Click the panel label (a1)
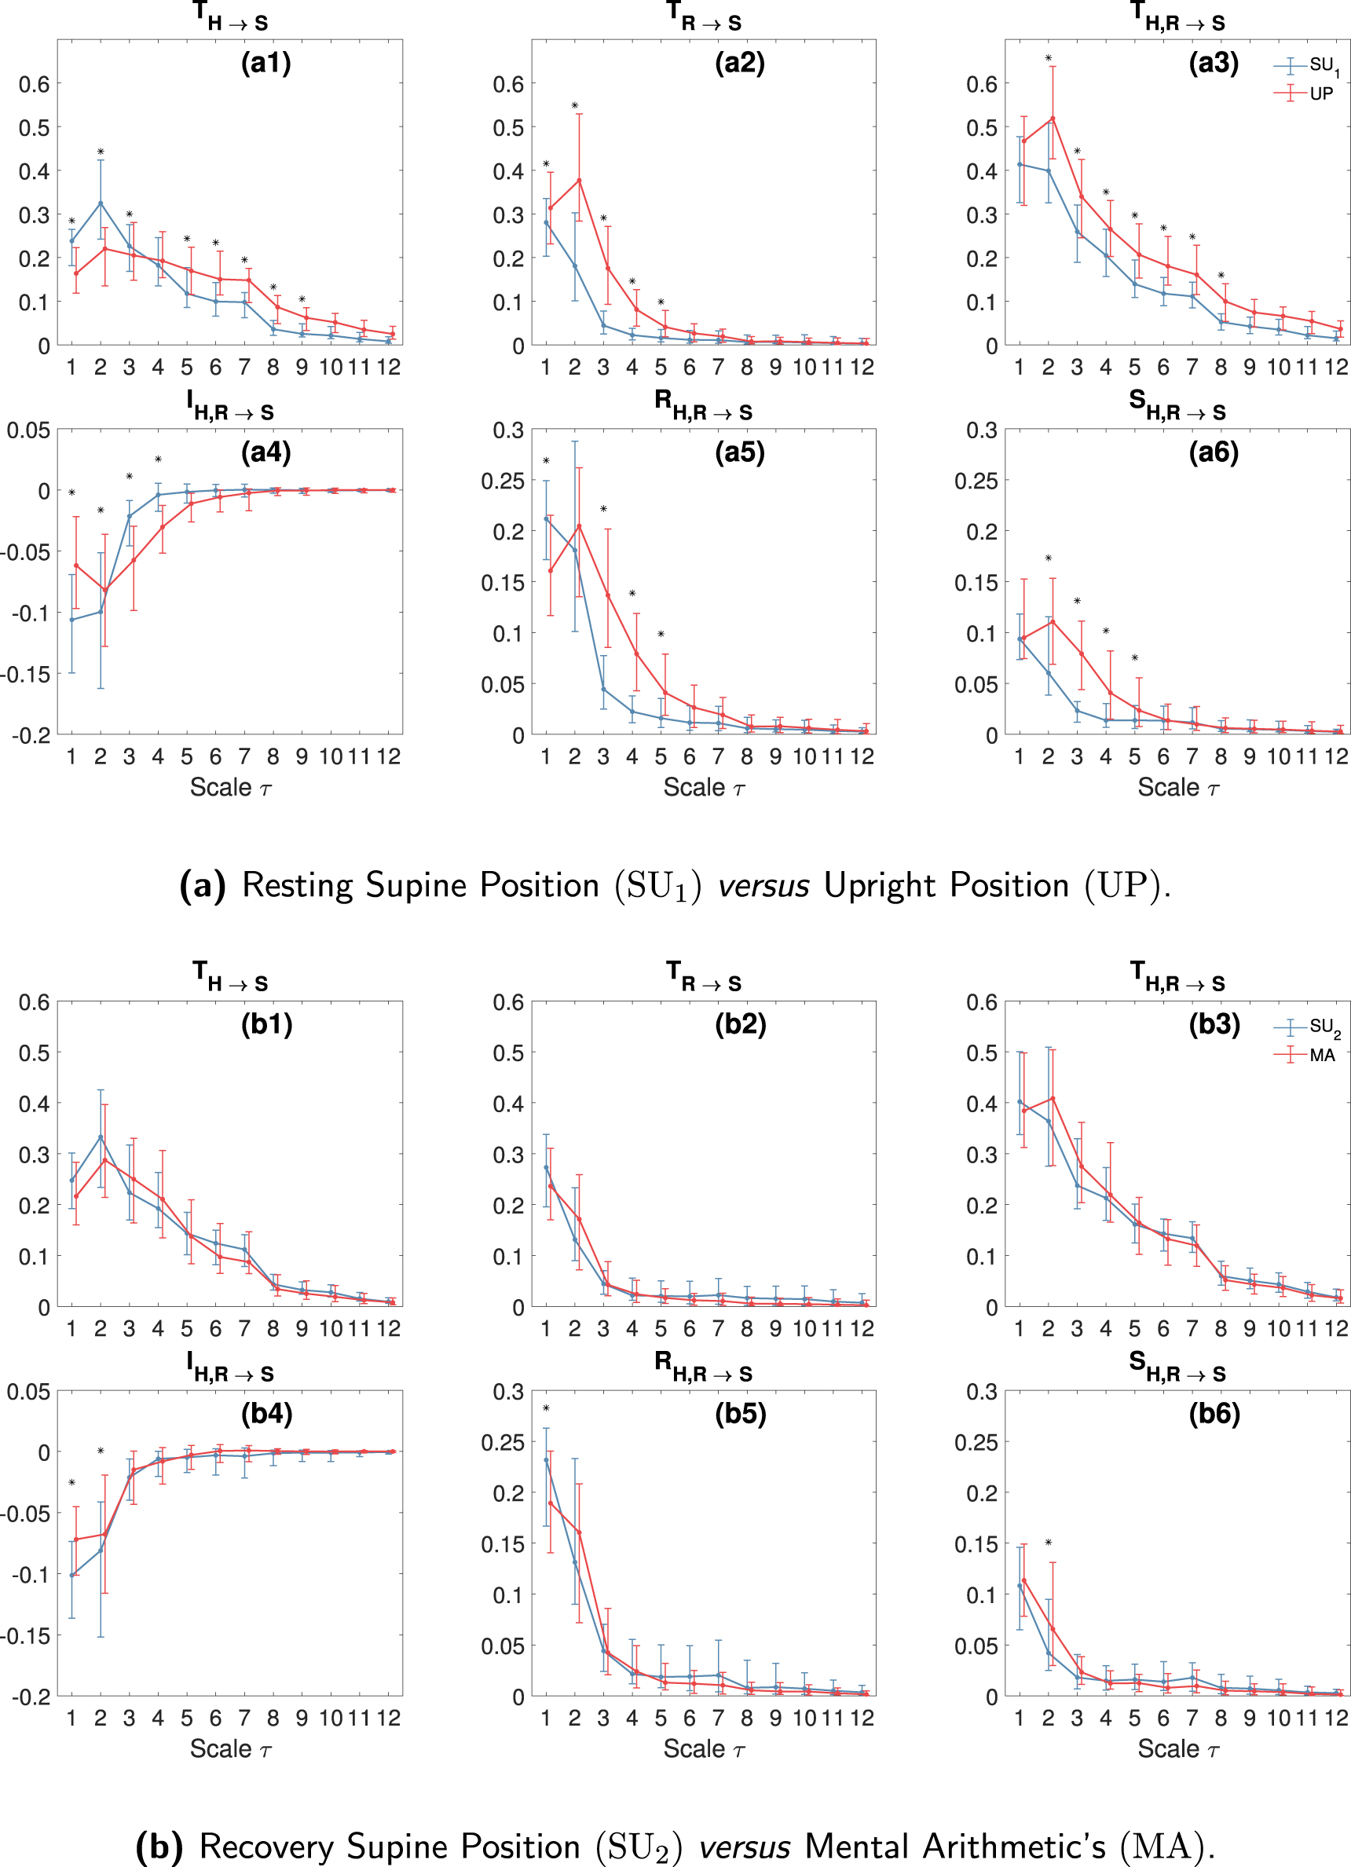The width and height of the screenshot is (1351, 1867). [x=266, y=64]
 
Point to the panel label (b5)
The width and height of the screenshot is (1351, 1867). [x=740, y=1414]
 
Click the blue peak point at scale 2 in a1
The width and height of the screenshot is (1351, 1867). [x=101, y=203]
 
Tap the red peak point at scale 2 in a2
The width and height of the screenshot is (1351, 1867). [x=579, y=181]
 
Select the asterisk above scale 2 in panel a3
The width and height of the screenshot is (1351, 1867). [x=1048, y=58]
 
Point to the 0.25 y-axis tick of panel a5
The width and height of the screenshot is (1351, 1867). [x=502, y=481]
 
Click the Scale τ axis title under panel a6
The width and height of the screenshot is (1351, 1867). [x=1178, y=788]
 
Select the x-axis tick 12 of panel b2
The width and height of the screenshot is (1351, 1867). [x=861, y=1328]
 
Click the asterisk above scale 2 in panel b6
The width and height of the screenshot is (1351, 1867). [x=1048, y=1543]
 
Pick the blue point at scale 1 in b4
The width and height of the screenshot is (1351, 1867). [x=71, y=1575]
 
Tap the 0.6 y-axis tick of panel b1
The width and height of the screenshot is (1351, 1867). [x=35, y=1003]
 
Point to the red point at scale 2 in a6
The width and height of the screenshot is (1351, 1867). [x=1053, y=621]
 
